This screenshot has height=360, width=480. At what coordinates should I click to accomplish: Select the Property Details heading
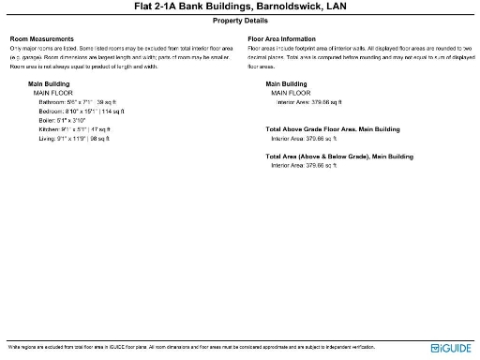pyautogui.click(x=240, y=19)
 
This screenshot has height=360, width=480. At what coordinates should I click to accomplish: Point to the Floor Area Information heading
pyautogui.click(x=289, y=38)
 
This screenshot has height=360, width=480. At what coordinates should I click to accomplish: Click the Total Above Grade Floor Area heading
pyautogui.click(x=333, y=128)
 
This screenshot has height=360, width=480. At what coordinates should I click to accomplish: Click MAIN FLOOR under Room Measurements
pyautogui.click(x=53, y=93)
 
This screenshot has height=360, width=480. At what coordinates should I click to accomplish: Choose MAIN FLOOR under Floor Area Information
pyautogui.click(x=291, y=93)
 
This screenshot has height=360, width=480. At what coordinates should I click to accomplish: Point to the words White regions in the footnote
pyautogui.click(x=22, y=346)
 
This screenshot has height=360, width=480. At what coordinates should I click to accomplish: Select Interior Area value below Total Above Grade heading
pyautogui.click(x=305, y=138)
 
